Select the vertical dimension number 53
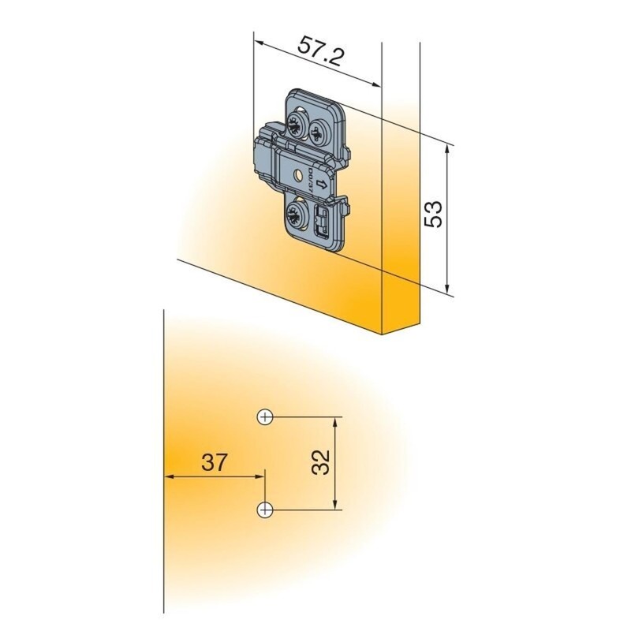[433, 214]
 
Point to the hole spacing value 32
[319, 462]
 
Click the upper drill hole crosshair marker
[266, 416]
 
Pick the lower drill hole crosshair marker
[266, 510]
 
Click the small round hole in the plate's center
[301, 174]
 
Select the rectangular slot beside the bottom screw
[321, 222]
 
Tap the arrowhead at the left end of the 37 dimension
[168, 476]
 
